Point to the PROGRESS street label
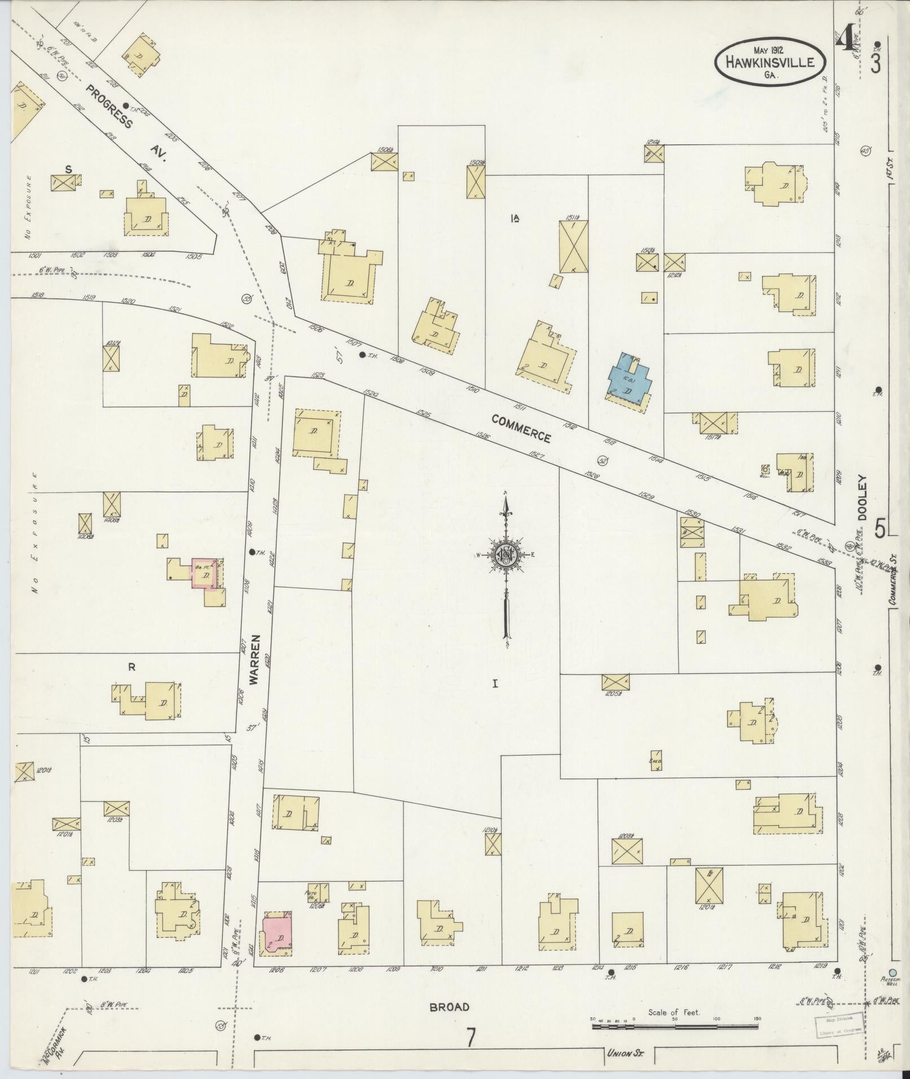109,106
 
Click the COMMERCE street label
520,428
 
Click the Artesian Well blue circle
892,972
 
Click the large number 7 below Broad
471,1037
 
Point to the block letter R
131,667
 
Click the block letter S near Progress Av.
68,169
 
